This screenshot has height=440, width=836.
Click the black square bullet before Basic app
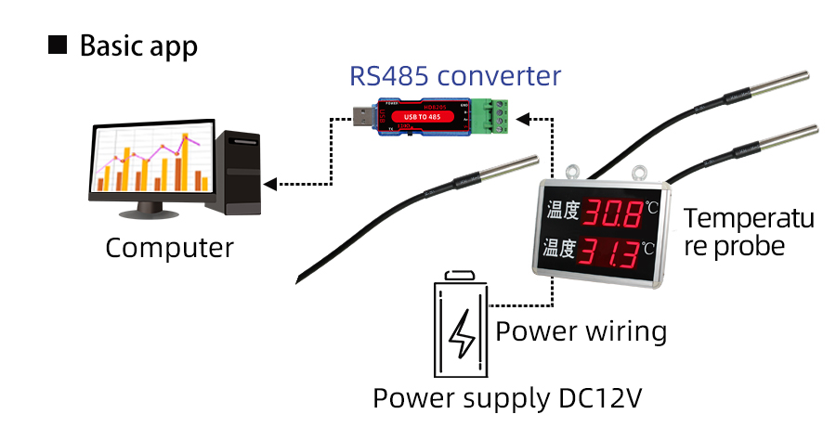point(58,45)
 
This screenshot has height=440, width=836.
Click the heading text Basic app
point(138,45)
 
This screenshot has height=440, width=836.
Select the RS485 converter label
point(455,75)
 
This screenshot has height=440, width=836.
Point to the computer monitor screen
point(148,166)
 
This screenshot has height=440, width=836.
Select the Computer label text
point(169,248)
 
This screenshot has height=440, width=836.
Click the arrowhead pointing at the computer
point(269,183)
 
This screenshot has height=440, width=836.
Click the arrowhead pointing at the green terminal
point(522,118)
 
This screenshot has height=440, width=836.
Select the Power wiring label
point(581,331)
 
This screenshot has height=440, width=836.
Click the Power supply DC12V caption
point(507,398)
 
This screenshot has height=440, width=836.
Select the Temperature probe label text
point(748,232)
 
